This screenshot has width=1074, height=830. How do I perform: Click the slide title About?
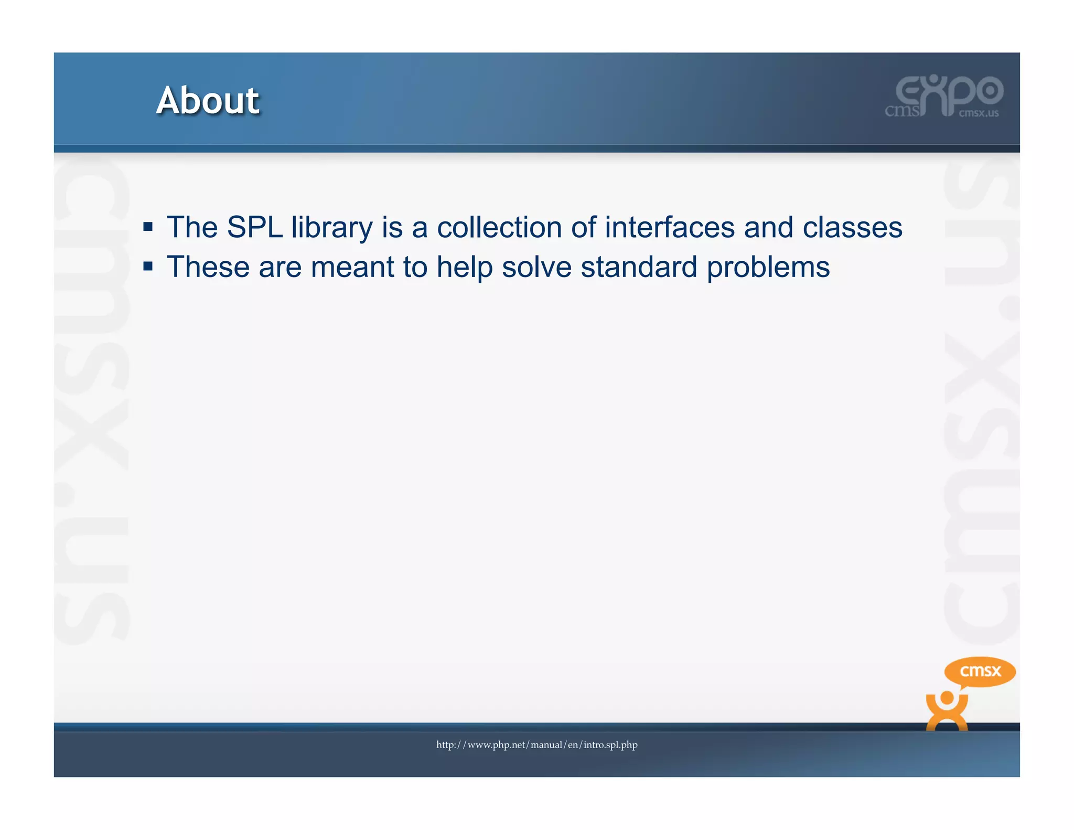point(208,100)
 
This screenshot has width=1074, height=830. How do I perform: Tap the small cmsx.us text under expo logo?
point(979,113)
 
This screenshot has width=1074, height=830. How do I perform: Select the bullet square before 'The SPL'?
point(148,227)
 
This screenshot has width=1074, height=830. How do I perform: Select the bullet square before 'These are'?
point(148,267)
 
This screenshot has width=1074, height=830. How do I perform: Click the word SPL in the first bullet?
point(255,228)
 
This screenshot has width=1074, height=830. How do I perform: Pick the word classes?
point(852,228)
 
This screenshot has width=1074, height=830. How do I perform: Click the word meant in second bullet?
point(352,267)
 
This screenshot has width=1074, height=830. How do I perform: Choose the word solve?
point(536,267)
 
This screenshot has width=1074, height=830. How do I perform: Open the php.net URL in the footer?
point(537,745)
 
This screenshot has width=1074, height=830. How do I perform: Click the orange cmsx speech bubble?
point(980,671)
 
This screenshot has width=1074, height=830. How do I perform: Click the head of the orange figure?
point(947,699)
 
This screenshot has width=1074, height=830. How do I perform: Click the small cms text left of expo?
point(902,111)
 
